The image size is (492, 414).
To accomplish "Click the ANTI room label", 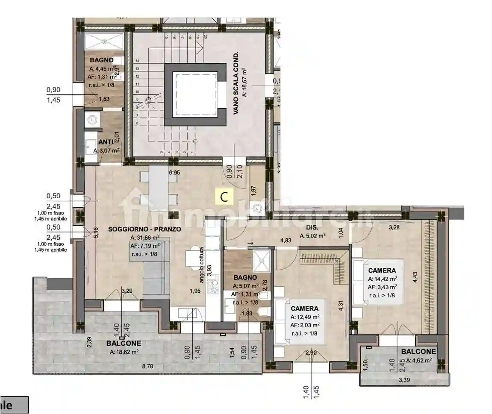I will pos(106,142).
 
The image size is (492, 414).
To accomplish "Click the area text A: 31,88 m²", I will pos(145,238).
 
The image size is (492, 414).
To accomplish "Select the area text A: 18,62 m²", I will pos(124,352).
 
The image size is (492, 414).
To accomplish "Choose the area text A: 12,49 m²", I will pos(305,317).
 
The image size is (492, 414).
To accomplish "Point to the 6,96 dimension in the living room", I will pos(174,173).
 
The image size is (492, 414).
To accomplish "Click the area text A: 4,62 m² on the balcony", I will pos(419,361).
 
